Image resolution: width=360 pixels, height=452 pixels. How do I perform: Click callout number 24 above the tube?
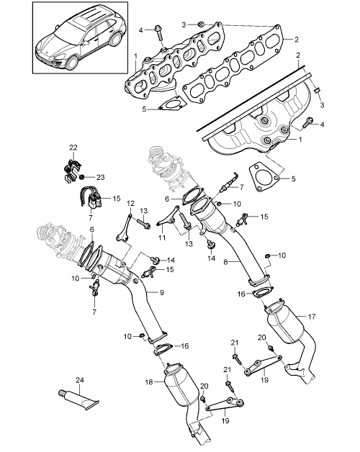pyautogui.click(x=80, y=380)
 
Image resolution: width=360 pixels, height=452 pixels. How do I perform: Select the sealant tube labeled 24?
pyautogui.click(x=78, y=399)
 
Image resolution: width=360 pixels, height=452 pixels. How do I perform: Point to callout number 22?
pyautogui.click(x=73, y=148)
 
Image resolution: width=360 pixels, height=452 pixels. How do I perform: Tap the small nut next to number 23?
pyautogui.click(x=82, y=177)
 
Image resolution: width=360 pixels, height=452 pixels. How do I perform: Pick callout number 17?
pyautogui.click(x=312, y=317)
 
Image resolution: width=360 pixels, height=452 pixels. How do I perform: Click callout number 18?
pyautogui.click(x=149, y=382)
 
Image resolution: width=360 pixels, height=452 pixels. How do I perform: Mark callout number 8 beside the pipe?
pyautogui.click(x=226, y=262)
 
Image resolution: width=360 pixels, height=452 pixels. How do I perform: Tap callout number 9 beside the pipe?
pyautogui.click(x=162, y=292)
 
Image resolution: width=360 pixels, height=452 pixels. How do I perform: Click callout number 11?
pyautogui.click(x=162, y=238)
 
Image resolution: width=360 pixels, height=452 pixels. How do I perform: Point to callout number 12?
pyautogui.click(x=130, y=203)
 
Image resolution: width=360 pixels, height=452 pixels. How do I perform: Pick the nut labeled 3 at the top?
pyautogui.click(x=202, y=24)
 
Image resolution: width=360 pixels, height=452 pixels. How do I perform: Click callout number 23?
pyautogui.click(x=100, y=177)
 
